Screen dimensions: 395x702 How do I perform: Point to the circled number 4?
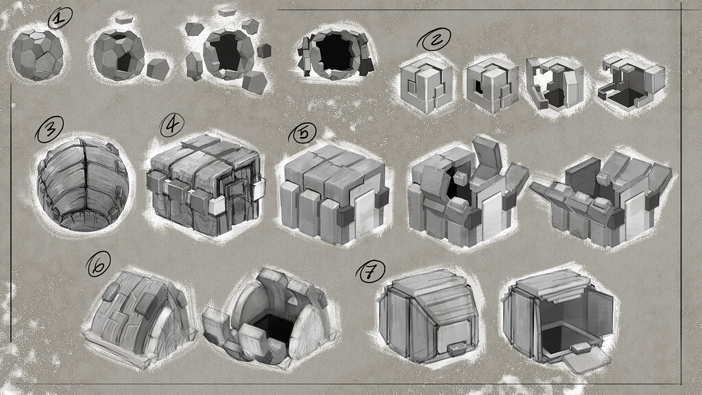tap(171, 124)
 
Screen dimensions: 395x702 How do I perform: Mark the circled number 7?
tap(370, 273)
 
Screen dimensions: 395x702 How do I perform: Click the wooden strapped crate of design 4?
tap(204, 184)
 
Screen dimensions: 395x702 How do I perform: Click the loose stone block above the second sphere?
tap(123, 20)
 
